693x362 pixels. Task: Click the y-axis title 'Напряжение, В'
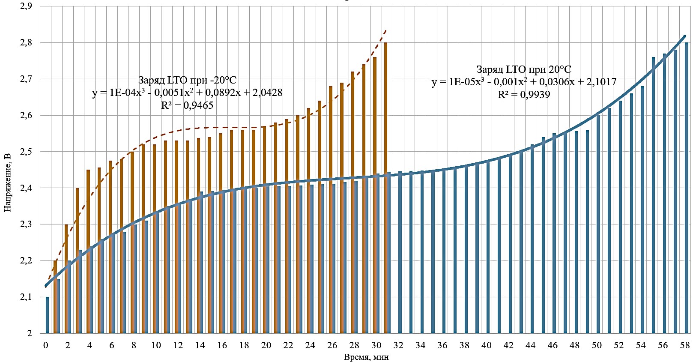coord(8,182)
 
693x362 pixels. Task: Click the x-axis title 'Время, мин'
coord(366,356)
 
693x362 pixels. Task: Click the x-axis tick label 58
coord(685,345)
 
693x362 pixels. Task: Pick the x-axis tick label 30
coord(376,345)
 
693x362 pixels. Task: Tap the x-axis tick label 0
coord(46,345)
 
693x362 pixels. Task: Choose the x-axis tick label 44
coord(530,345)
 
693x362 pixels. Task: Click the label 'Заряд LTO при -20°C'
coord(187,80)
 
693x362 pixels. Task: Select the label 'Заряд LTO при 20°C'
coord(524,69)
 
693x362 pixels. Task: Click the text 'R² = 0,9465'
coord(187,105)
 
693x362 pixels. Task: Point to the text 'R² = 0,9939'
coord(524,94)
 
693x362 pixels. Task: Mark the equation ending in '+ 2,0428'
coord(187,93)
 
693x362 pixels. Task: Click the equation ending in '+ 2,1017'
coord(524,82)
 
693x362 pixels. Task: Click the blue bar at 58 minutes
coord(687,188)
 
